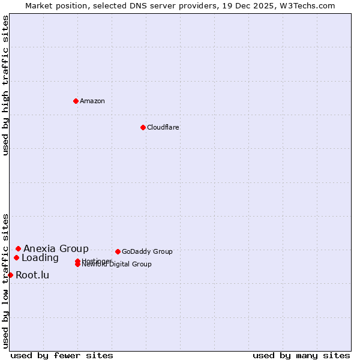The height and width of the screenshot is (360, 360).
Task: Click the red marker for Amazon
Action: click(x=76, y=101)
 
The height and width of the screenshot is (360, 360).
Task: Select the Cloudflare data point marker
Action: click(x=143, y=127)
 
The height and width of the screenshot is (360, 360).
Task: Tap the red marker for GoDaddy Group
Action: click(x=118, y=251)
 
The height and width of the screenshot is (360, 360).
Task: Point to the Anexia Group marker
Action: click(x=18, y=248)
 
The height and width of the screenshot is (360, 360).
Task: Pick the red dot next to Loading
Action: click(x=16, y=258)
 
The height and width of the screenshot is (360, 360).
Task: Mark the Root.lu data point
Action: click(x=10, y=275)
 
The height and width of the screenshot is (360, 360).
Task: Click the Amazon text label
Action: click(x=92, y=101)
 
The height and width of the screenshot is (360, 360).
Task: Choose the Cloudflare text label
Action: click(x=163, y=127)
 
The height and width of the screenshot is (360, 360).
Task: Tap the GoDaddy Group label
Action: click(x=147, y=251)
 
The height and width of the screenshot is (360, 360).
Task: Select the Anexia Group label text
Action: click(x=56, y=248)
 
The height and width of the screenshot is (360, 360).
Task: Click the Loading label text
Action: click(x=40, y=258)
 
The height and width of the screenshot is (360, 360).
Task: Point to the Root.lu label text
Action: click(x=32, y=275)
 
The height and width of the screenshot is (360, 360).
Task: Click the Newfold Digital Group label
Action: click(x=117, y=265)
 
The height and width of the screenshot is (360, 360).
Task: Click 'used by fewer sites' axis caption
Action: click(x=62, y=355)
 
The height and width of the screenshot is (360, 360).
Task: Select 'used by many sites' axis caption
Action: click(x=301, y=355)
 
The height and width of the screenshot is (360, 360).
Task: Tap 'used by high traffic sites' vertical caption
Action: click(x=5, y=86)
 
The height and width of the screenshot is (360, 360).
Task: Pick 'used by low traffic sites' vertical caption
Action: click(x=5, y=281)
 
